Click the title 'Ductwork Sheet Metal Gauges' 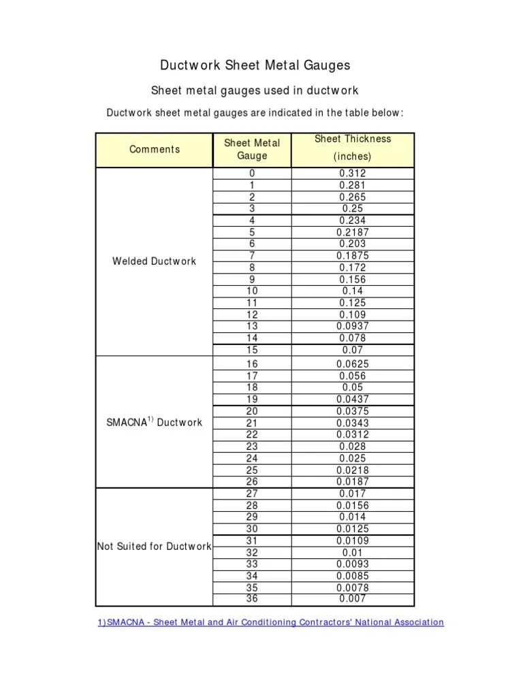[x=255, y=65]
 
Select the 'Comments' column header [x=155, y=149]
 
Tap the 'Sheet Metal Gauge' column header [x=252, y=149]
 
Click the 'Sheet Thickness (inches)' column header [x=353, y=147]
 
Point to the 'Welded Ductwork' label [x=154, y=261]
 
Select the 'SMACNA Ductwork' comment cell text [x=155, y=422]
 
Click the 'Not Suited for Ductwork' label [x=154, y=546]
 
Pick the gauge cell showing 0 [x=252, y=174]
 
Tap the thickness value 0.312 [x=353, y=174]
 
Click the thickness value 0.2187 [x=353, y=232]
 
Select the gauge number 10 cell [x=252, y=291]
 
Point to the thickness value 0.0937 [x=353, y=326]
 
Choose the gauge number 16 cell [x=252, y=364]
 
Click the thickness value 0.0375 [x=353, y=411]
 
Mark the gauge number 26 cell [x=252, y=481]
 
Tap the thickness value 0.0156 [x=353, y=505]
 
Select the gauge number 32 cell [x=252, y=552]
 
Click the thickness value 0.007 [x=353, y=599]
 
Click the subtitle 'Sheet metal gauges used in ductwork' [x=254, y=91]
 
